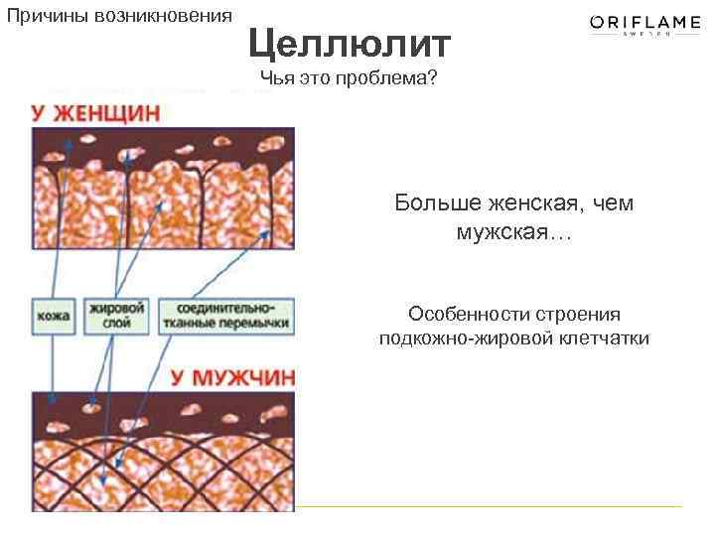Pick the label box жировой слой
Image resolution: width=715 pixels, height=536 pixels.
tap(117, 316)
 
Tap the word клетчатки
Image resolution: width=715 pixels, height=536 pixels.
tap(599, 339)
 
